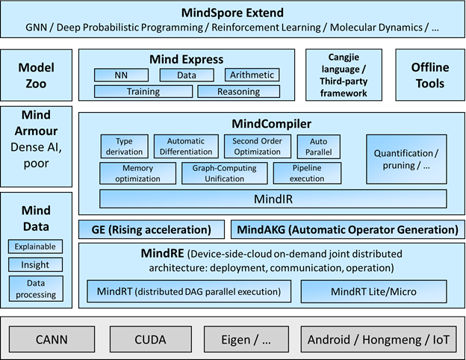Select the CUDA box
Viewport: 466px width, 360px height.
(150, 340)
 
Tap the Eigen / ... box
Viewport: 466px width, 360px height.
(246, 340)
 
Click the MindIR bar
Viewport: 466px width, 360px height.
(273, 199)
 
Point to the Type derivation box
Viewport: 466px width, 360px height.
(123, 146)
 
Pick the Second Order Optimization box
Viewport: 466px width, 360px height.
(257, 146)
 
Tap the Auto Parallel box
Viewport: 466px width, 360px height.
(319, 146)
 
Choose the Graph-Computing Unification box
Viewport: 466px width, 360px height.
(223, 174)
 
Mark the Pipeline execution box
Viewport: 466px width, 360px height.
(307, 174)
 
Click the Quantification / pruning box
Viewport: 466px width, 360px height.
(406, 159)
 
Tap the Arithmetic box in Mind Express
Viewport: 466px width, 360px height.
(252, 75)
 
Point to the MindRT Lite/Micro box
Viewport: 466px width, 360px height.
(373, 291)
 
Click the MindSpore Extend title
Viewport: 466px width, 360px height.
(232, 13)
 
